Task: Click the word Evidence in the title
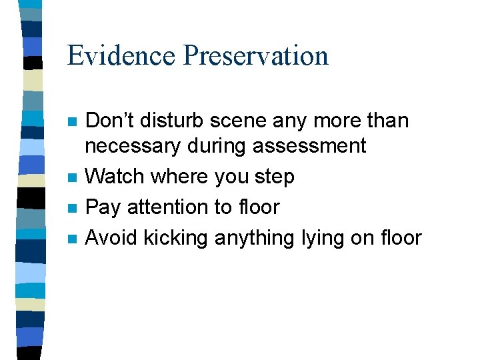(x=121, y=55)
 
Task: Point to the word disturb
(x=172, y=121)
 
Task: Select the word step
(x=274, y=177)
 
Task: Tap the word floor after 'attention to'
(x=255, y=207)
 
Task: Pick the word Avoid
(x=110, y=237)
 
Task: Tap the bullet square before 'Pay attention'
(x=73, y=209)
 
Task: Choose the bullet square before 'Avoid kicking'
(x=73, y=239)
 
